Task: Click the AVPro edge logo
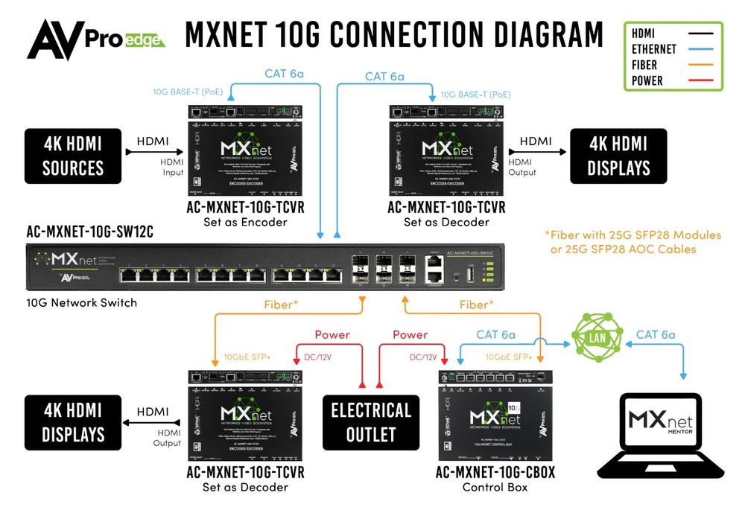[x=95, y=39]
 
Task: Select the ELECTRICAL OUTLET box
[x=370, y=422]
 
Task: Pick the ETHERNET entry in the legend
[x=653, y=49]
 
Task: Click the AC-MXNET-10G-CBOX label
[x=495, y=473]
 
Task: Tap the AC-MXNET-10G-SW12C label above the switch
[x=89, y=232]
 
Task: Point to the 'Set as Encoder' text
[x=245, y=221]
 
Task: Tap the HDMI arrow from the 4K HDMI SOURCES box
[x=152, y=152]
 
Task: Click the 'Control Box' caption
[x=495, y=487]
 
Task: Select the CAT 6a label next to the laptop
[x=656, y=334]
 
